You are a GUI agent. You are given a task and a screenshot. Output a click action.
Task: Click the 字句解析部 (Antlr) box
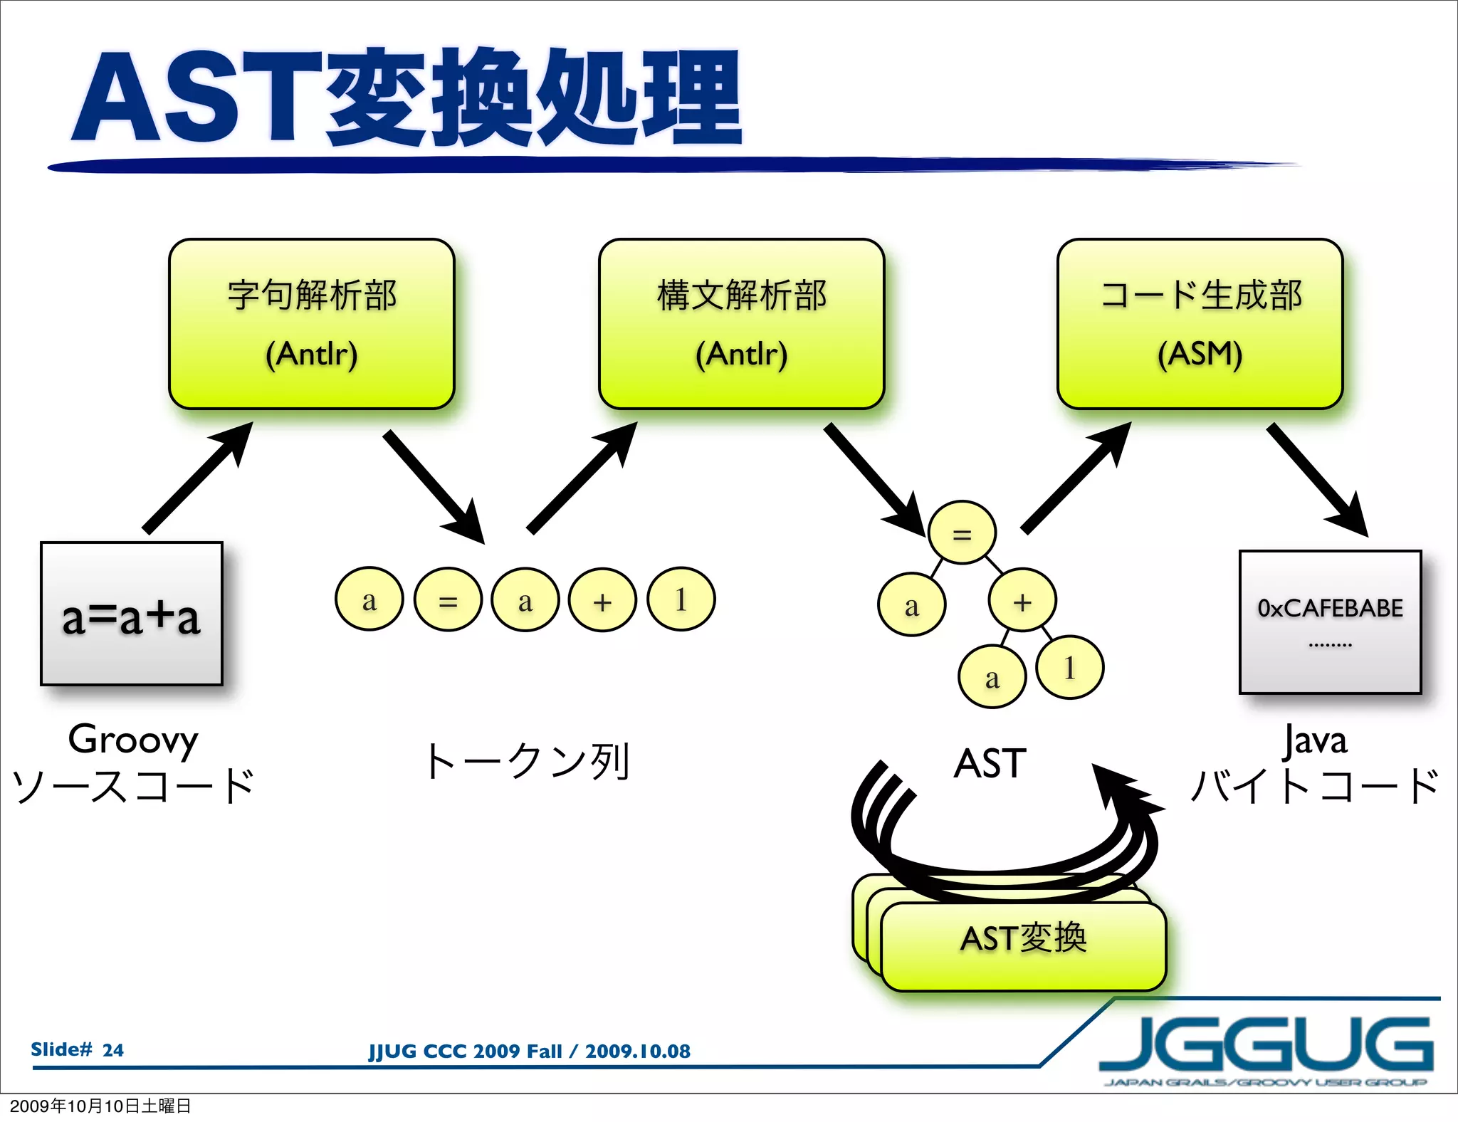pyautogui.click(x=311, y=324)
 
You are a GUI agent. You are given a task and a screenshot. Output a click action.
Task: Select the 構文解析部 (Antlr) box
pyautogui.click(x=741, y=324)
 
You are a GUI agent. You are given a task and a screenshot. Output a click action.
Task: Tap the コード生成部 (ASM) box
pyautogui.click(x=1200, y=324)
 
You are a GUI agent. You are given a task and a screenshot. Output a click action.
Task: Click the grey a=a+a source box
pyautogui.click(x=132, y=614)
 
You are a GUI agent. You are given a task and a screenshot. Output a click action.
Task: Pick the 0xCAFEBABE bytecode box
pyautogui.click(x=1330, y=622)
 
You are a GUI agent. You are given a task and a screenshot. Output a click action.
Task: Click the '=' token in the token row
pyautogui.click(x=448, y=599)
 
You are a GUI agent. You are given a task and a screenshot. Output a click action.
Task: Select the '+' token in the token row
pyautogui.click(x=602, y=599)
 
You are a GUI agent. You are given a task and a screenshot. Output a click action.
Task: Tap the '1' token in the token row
pyautogui.click(x=681, y=599)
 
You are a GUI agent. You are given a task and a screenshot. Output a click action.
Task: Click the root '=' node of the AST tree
pyautogui.click(x=962, y=533)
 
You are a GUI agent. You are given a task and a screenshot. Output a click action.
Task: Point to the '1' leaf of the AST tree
pyautogui.click(x=1069, y=667)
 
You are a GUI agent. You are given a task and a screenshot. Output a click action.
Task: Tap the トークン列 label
pyautogui.click(x=526, y=761)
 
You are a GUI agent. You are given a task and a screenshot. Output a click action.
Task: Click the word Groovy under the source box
pyautogui.click(x=133, y=740)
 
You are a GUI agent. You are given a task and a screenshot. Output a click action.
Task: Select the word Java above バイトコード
pyautogui.click(x=1315, y=740)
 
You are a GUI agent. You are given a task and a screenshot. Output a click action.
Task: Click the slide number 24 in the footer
pyautogui.click(x=112, y=1049)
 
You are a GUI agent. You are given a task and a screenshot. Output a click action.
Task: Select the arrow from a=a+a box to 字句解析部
pyautogui.click(x=197, y=477)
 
